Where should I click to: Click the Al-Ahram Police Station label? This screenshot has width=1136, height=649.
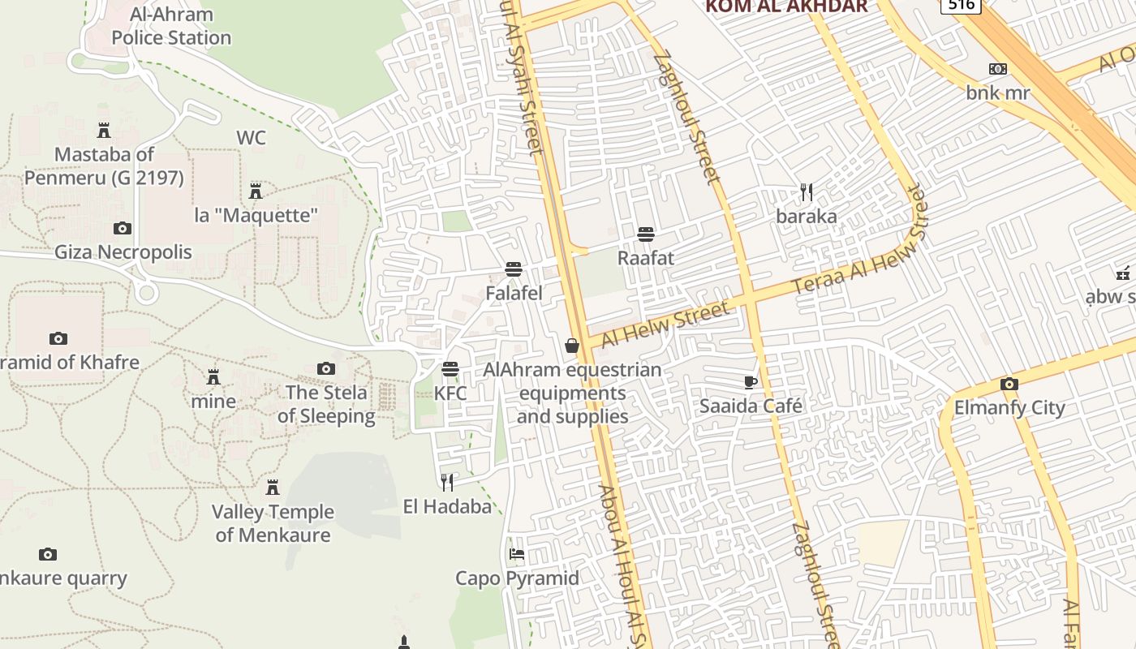171,26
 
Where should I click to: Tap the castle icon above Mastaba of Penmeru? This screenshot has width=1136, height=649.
104,130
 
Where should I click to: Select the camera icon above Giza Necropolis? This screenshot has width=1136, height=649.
123,229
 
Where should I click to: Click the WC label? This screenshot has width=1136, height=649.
251,138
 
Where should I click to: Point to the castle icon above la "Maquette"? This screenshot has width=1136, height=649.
256,191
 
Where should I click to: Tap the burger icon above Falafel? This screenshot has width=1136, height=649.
513,269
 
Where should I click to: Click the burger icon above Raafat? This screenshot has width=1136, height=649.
646,234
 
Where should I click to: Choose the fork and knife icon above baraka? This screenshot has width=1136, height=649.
806,192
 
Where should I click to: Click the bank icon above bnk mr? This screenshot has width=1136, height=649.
998,69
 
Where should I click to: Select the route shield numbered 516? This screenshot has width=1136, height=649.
961,5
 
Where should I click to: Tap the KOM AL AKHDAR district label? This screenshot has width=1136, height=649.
786,6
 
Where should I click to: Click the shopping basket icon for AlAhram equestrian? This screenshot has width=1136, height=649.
572,346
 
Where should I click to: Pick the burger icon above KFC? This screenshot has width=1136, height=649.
450,369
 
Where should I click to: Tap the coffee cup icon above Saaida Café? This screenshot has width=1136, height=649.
751,382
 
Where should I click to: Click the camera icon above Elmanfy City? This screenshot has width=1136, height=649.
1009,384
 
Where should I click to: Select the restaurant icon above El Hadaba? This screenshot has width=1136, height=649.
447,483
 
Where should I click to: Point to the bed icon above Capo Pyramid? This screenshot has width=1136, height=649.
517,555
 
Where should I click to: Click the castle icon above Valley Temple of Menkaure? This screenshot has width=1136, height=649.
273,488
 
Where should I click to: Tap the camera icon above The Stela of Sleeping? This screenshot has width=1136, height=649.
326,369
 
